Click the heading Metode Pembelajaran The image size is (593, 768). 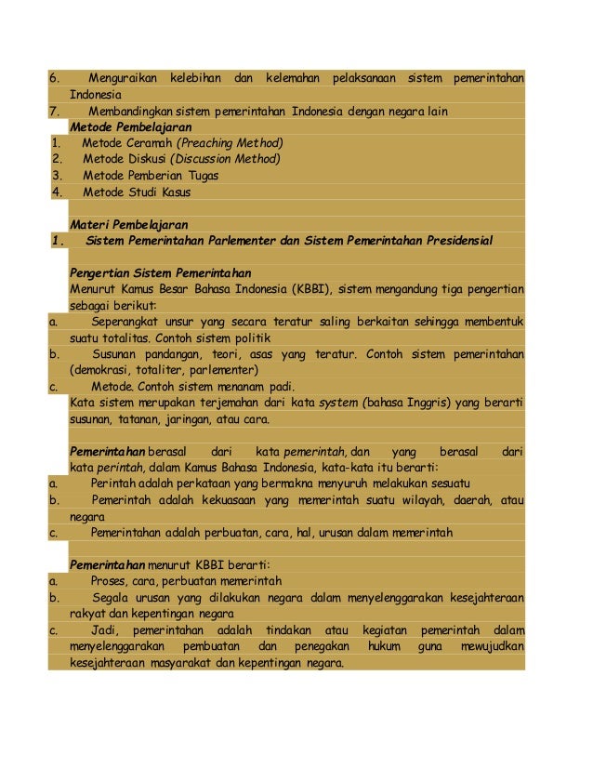(131, 126)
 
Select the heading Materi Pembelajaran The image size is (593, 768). (128, 224)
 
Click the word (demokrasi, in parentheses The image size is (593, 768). (102, 369)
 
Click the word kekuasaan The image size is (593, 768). (223, 499)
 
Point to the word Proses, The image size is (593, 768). (113, 581)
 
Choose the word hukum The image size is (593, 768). (384, 646)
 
